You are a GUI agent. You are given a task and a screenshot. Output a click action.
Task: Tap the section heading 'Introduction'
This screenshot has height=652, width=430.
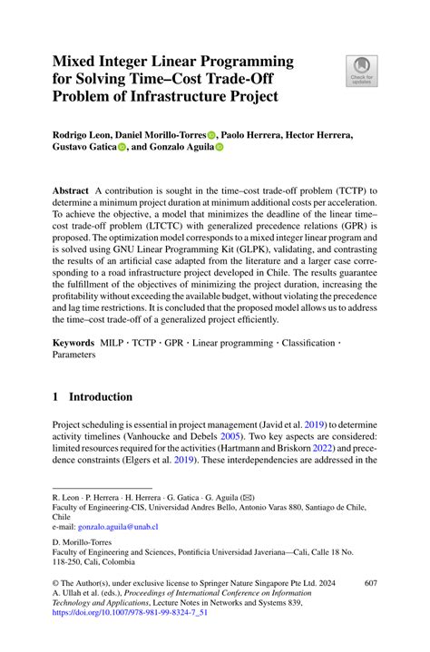coord(99,396)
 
